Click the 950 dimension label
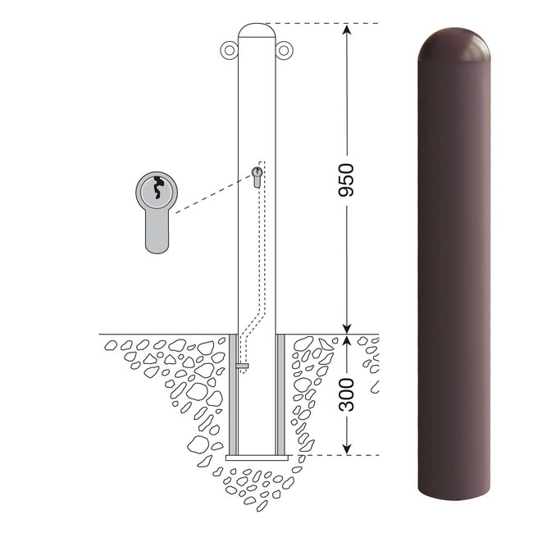pos(346,180)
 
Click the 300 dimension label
pos(346,394)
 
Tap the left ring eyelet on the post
pos(230,50)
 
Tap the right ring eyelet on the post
pos(284,50)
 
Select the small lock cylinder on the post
pos(257,177)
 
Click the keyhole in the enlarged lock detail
pos(158,187)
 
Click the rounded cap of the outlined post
pos(257,30)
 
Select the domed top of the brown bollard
pos(453,44)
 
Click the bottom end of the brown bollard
pos(453,494)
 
